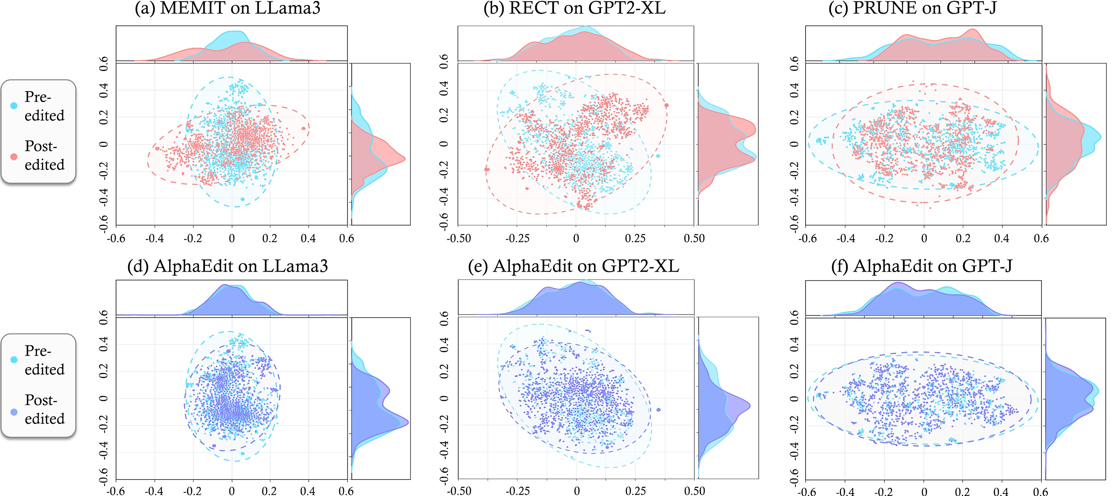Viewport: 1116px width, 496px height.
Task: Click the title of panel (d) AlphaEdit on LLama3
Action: click(x=228, y=266)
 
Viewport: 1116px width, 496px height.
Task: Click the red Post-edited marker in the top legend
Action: click(x=14, y=156)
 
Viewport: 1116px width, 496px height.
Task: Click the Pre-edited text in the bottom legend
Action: click(x=44, y=360)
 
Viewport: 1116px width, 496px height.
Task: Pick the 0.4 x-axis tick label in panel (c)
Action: click(x=1001, y=238)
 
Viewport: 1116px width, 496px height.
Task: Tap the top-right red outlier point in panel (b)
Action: click(x=666, y=105)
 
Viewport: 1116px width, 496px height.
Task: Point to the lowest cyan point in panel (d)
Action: click(x=243, y=453)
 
